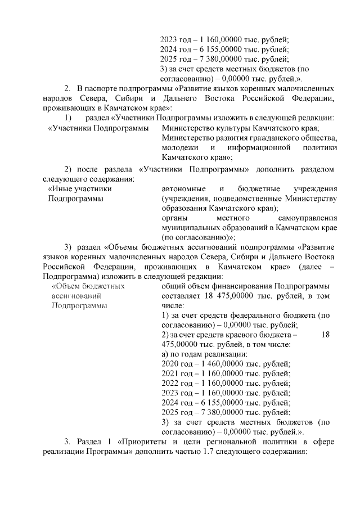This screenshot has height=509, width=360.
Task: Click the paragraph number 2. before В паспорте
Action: [67, 89]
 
